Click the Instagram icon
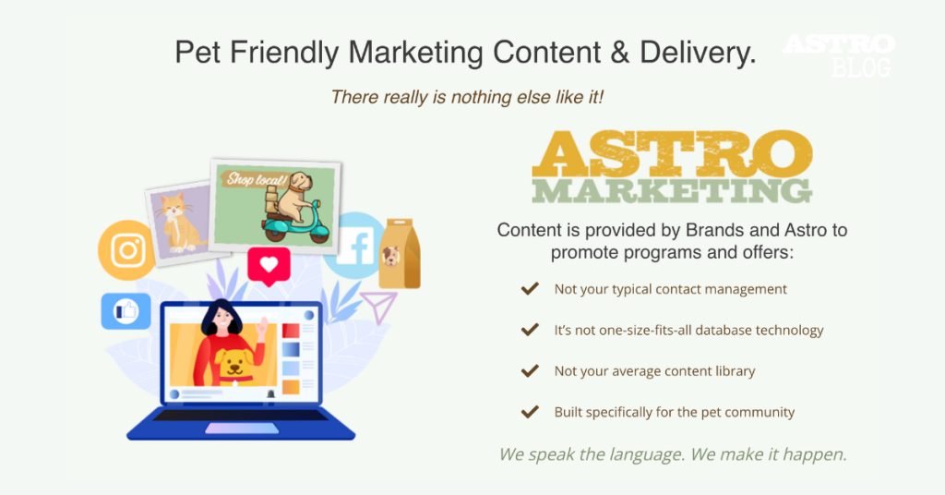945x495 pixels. point(126,250)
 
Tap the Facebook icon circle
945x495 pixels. point(354,246)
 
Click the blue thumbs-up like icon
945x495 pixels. point(126,311)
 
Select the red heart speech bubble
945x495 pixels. point(269,265)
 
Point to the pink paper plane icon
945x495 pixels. point(379,306)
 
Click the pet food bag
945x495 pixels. point(399,254)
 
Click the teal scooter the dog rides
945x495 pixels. point(295,226)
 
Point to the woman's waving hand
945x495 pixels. point(261,329)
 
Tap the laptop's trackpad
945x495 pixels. point(242,429)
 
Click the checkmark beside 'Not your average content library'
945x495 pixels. point(530,371)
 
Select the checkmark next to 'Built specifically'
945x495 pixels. point(530,412)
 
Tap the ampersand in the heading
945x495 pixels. point(619,52)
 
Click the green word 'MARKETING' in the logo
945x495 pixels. point(672,190)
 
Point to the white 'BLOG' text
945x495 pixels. point(861,66)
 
